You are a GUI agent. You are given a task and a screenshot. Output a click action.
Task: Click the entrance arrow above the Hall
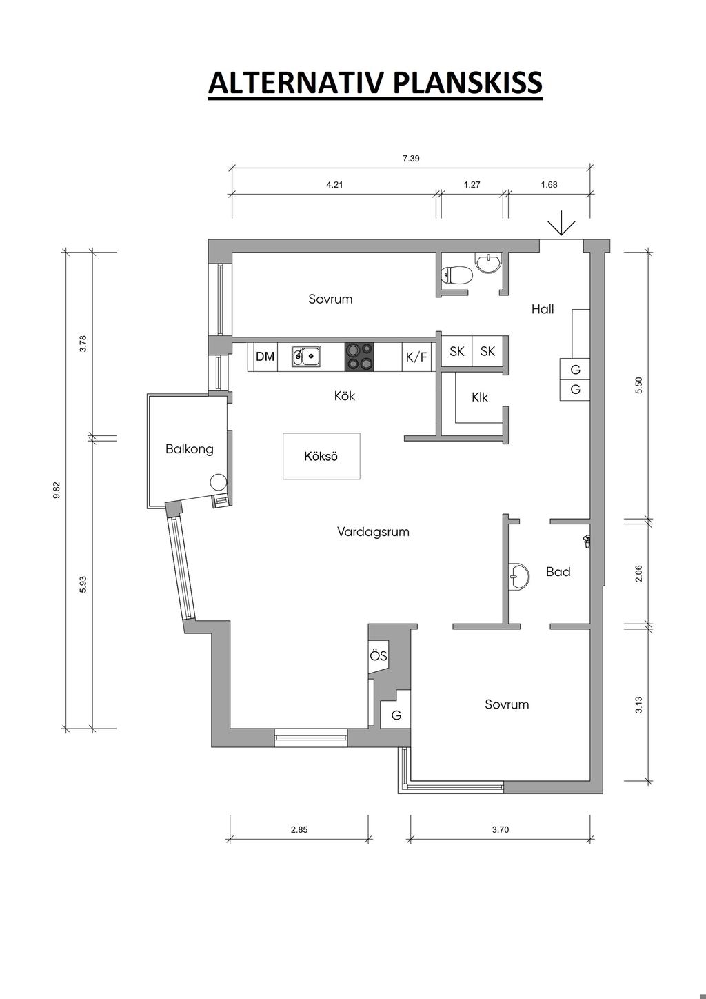(x=561, y=223)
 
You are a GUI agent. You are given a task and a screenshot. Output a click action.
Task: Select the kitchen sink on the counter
(x=306, y=356)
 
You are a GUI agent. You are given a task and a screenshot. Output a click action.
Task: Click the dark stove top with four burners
(x=359, y=356)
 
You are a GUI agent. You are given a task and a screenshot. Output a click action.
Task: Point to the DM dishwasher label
(x=265, y=356)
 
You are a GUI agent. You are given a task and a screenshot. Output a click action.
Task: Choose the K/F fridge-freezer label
(x=416, y=357)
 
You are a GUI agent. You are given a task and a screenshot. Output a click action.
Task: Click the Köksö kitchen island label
(x=321, y=456)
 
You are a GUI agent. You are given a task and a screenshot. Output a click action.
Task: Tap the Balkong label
(x=190, y=449)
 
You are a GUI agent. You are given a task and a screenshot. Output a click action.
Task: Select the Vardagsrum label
(x=373, y=532)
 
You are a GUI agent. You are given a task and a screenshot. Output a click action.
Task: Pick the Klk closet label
(x=480, y=397)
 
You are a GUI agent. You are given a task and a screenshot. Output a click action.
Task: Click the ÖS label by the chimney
(x=379, y=656)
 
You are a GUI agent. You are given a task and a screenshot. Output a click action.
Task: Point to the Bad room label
(x=558, y=572)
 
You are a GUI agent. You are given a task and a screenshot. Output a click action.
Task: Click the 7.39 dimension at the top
(x=411, y=158)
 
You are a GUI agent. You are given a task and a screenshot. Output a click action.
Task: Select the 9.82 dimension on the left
(x=57, y=490)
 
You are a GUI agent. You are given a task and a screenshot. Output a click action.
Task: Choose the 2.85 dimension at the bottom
(x=299, y=830)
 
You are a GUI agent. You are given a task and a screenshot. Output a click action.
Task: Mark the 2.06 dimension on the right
(x=638, y=573)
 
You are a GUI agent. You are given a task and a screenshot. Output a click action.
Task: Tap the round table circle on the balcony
(x=218, y=482)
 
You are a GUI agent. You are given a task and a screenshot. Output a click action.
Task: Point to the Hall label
(x=543, y=308)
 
